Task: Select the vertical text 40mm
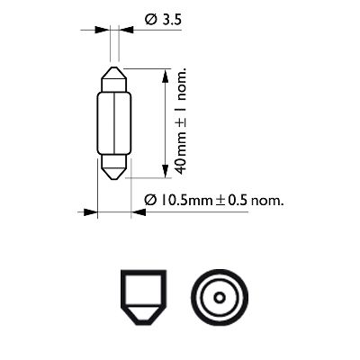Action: pyautogui.click(x=181, y=155)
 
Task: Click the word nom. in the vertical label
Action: pyautogui.click(x=181, y=83)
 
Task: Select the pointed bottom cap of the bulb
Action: pyautogui.click(x=114, y=168)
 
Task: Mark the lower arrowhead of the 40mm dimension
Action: pyautogui.click(x=164, y=174)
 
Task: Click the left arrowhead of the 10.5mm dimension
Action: pyautogui.click(x=91, y=213)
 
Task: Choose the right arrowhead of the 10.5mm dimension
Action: pyautogui.click(x=138, y=213)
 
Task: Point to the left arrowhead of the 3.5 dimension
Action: pyautogui.click(x=102, y=30)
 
